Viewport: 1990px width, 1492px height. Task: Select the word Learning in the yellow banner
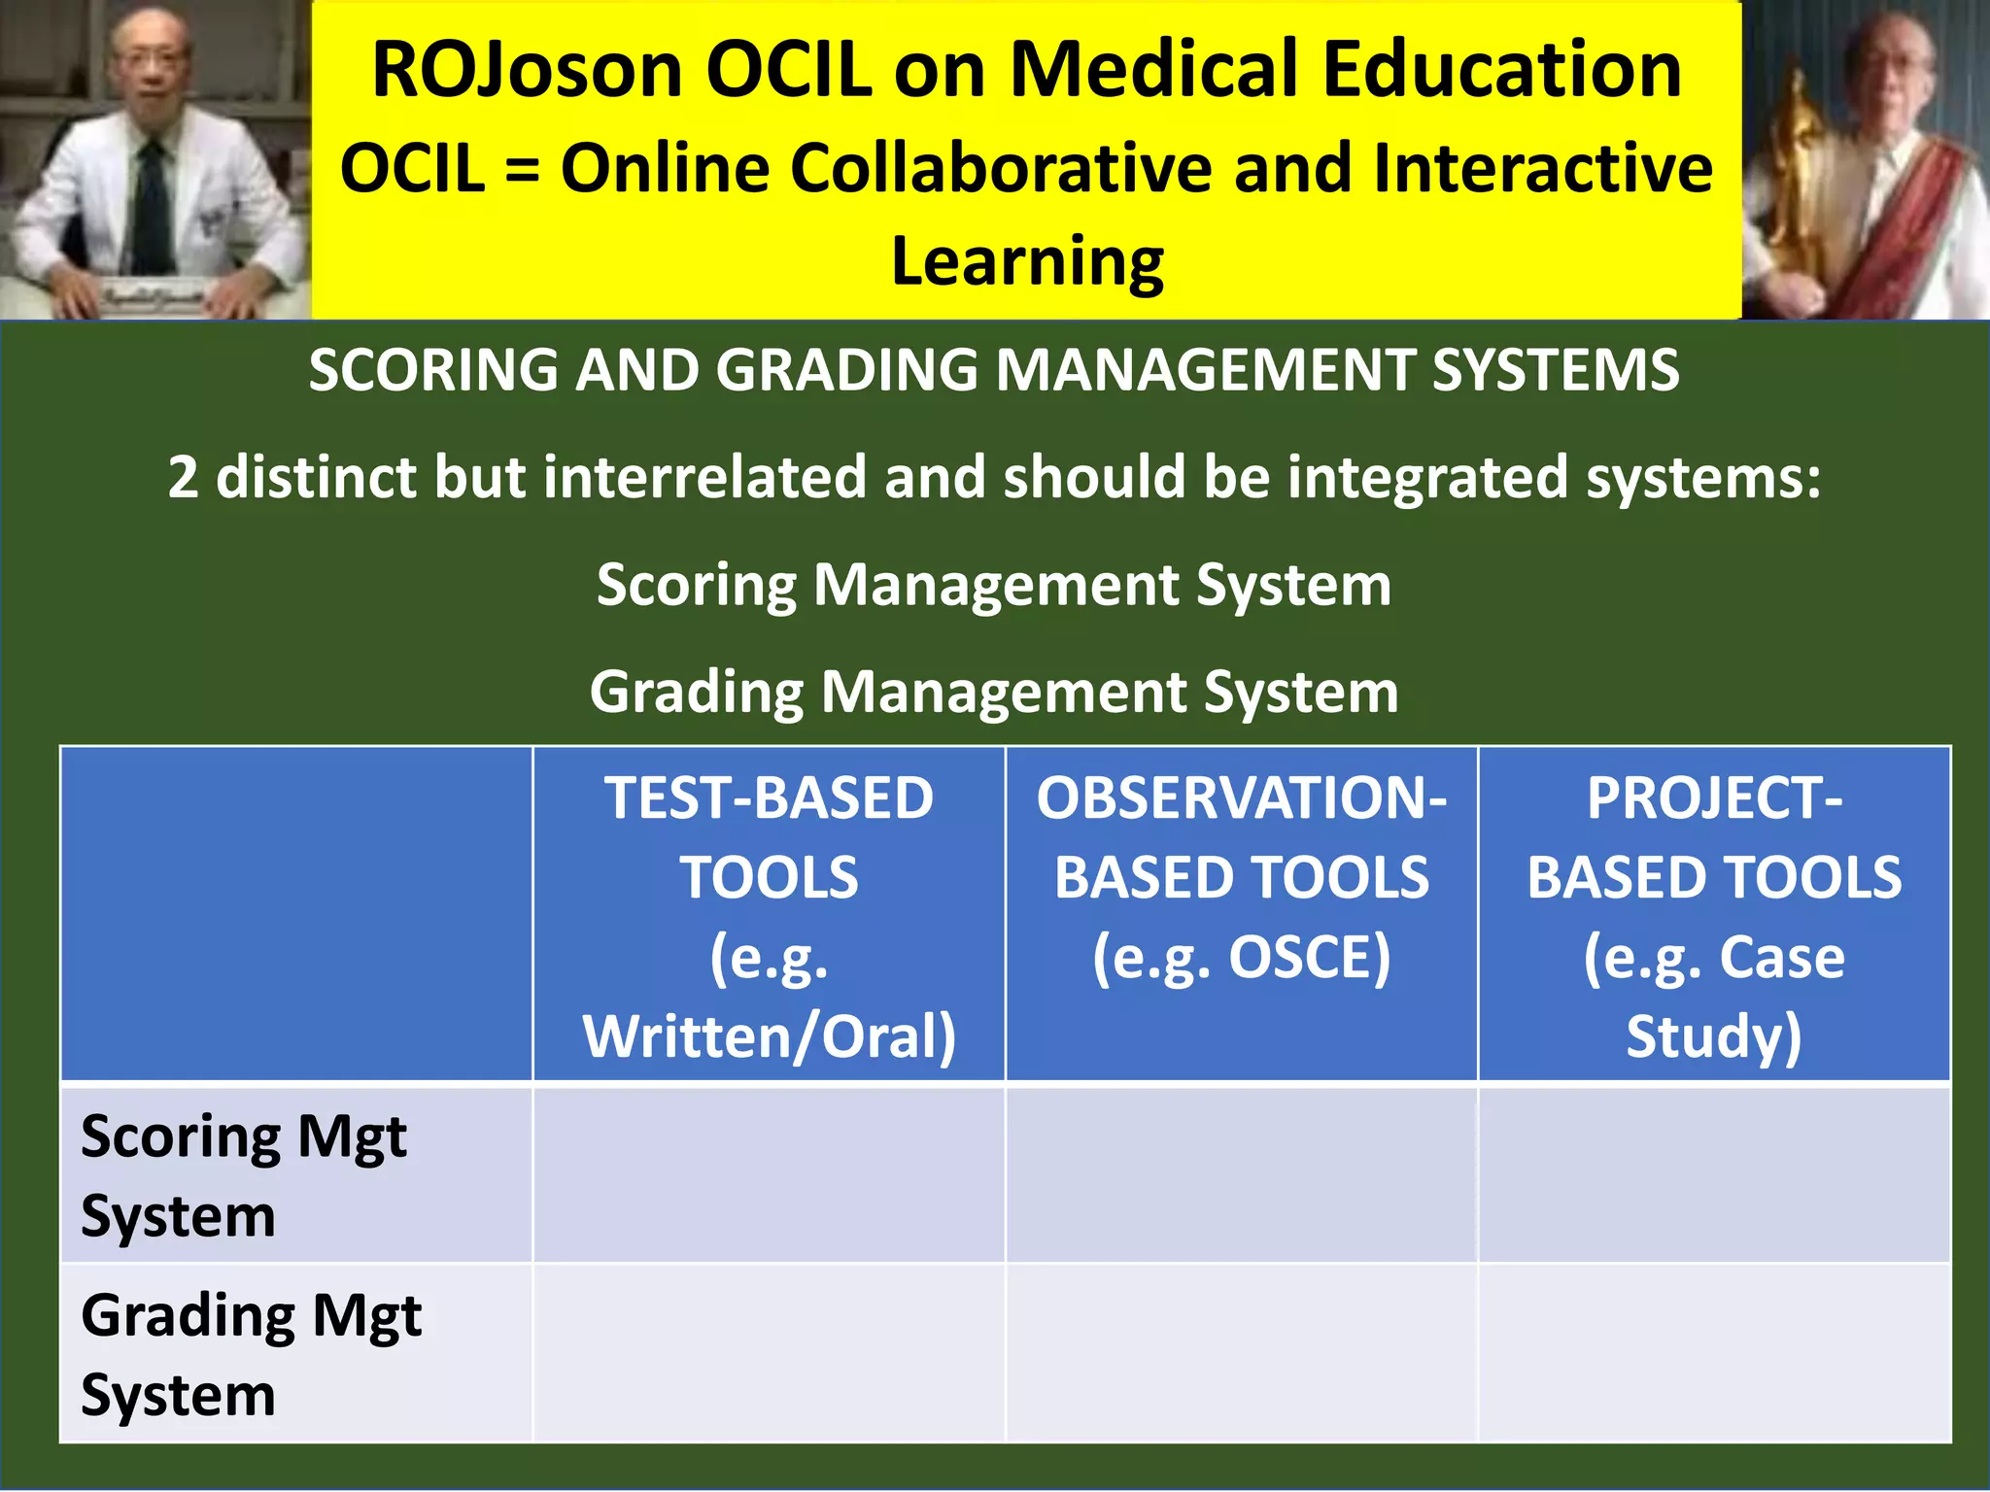click(x=1027, y=262)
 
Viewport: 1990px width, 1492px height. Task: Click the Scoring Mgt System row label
click(x=243, y=1175)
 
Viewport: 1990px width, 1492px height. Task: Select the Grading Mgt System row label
click(x=251, y=1354)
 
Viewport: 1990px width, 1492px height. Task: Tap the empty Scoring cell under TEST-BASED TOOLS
click(x=769, y=1173)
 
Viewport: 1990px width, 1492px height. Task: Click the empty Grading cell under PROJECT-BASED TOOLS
click(x=1714, y=1352)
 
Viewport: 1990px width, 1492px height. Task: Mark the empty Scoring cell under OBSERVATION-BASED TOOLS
click(x=1241, y=1173)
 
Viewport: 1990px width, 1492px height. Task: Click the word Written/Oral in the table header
click(x=769, y=1036)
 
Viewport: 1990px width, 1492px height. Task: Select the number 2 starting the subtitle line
click(x=183, y=477)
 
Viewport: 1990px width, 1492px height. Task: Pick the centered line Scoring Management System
click(x=994, y=585)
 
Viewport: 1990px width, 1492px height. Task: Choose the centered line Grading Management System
click(x=994, y=692)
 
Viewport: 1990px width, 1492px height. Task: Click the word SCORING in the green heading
click(x=432, y=370)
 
